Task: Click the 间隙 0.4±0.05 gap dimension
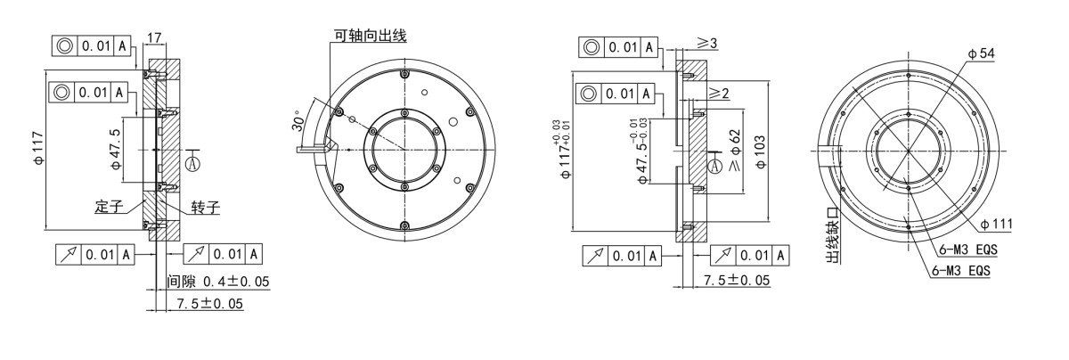218,282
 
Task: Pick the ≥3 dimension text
707,44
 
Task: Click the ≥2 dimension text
720,93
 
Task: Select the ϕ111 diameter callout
995,223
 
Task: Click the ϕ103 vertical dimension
761,151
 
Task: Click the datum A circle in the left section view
193,162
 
